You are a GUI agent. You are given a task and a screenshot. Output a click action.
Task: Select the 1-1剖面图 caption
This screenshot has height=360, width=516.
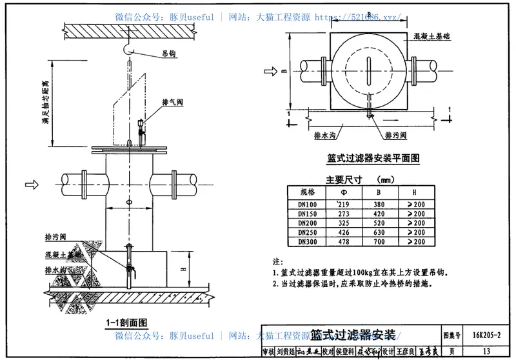coord(128,322)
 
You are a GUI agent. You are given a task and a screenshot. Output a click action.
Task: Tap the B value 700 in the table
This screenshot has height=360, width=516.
coord(381,241)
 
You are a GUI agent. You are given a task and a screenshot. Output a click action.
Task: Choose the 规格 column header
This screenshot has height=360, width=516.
coord(308,192)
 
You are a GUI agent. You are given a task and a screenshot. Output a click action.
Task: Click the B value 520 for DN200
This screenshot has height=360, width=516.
coord(381,223)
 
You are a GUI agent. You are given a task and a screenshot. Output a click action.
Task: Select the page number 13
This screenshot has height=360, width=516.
coord(486,352)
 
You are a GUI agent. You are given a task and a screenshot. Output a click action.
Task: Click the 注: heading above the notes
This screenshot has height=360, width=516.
coord(277,262)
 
